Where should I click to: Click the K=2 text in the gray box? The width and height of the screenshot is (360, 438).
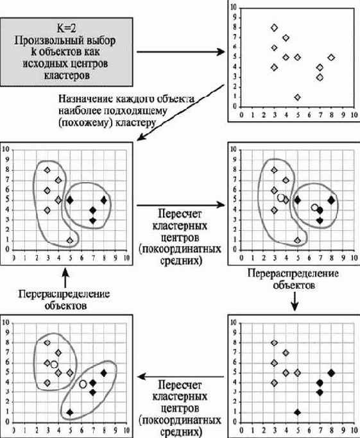67,28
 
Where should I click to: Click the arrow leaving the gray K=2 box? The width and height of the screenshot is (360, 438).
180,52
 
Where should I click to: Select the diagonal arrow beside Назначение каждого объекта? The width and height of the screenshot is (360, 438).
180,112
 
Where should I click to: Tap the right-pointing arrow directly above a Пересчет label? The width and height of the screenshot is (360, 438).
180,205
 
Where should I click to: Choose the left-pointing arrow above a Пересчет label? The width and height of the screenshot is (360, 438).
180,376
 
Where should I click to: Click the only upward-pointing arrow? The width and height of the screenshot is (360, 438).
65,278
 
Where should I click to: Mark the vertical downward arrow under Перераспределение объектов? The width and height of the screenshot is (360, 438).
295,301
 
